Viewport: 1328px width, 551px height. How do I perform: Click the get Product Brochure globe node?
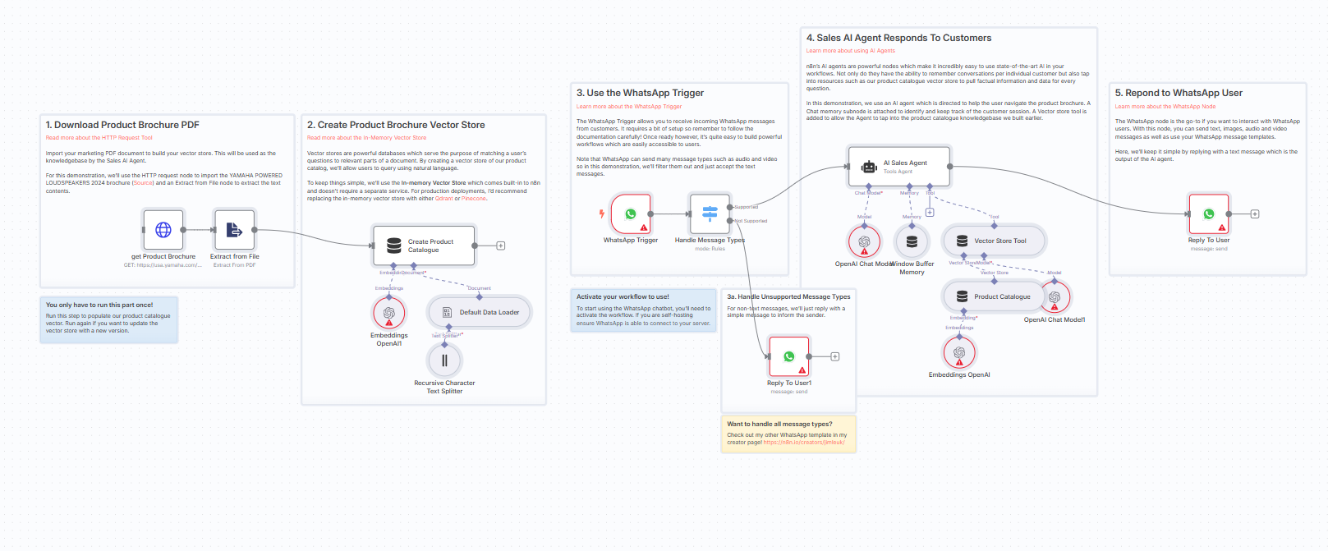point(163,230)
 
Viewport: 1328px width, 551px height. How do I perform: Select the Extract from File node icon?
point(234,230)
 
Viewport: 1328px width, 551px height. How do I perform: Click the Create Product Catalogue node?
point(424,246)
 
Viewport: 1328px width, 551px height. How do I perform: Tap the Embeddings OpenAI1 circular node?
point(388,313)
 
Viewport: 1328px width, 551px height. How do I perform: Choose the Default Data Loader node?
point(480,312)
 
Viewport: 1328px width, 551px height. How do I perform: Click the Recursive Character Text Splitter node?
point(444,360)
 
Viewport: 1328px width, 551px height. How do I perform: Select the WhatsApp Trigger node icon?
point(631,214)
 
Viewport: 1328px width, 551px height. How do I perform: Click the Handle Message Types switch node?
point(710,214)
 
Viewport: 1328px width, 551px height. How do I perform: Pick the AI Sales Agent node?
point(898,167)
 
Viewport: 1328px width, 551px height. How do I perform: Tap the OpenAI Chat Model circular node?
point(864,241)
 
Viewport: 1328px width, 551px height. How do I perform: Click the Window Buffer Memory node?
point(912,241)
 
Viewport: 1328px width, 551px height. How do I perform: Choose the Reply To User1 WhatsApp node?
point(789,356)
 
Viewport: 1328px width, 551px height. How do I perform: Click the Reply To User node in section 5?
point(1208,214)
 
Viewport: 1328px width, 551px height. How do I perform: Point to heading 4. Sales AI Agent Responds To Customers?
point(898,38)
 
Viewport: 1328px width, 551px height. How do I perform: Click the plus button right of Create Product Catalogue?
point(501,246)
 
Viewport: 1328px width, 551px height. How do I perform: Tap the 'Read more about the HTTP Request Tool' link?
point(99,138)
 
